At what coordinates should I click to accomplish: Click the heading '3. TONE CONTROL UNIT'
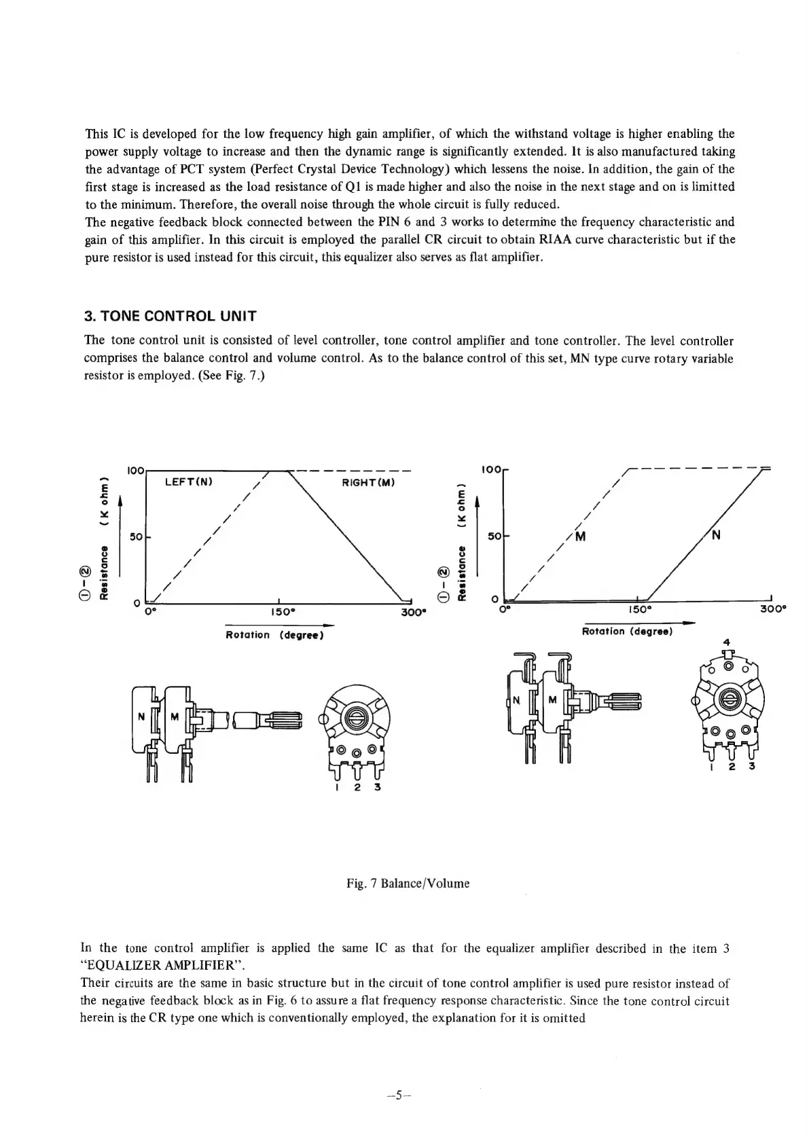click(170, 316)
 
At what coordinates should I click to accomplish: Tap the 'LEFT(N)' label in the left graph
click(190, 482)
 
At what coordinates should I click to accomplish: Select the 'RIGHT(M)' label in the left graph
click(370, 482)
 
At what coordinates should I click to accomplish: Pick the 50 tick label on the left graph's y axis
click(136, 537)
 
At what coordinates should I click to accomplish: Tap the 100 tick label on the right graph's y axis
click(490, 469)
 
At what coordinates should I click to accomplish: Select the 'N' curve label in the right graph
click(717, 534)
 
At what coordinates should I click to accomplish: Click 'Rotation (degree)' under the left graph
click(274, 635)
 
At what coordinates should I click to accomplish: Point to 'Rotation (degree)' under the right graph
click(627, 632)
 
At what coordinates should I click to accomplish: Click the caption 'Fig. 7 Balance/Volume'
click(408, 884)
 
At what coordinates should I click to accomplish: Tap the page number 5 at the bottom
click(400, 1095)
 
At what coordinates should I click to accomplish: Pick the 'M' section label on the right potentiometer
click(552, 700)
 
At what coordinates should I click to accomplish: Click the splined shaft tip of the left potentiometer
click(285, 716)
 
